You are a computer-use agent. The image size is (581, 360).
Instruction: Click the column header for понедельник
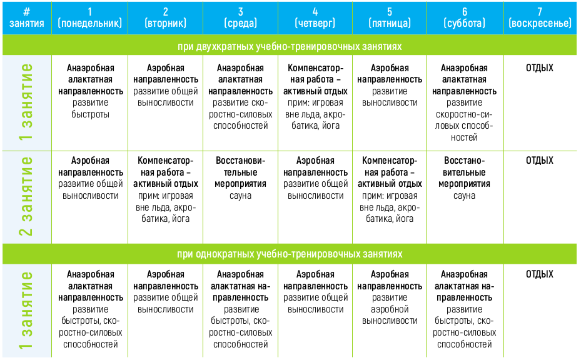[x=89, y=17]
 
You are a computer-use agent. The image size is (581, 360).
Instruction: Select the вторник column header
[x=165, y=17]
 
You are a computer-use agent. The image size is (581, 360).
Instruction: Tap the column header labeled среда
[x=241, y=17]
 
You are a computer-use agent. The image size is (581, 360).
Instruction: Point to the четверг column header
[x=315, y=17]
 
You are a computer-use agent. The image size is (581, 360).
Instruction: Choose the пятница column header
[x=390, y=17]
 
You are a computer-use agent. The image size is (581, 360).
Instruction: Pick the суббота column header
[x=465, y=17]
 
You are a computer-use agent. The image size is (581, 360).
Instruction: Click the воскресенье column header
[x=540, y=17]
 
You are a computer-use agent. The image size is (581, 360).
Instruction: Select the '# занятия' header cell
[x=27, y=17]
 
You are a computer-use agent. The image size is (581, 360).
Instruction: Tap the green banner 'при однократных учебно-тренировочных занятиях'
[x=290, y=254]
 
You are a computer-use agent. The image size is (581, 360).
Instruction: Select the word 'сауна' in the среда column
[x=241, y=196]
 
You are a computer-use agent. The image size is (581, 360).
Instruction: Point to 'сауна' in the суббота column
[x=464, y=196]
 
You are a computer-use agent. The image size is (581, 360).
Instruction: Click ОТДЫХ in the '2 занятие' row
[x=540, y=161]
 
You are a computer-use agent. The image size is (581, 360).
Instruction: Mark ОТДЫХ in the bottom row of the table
[x=540, y=274]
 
